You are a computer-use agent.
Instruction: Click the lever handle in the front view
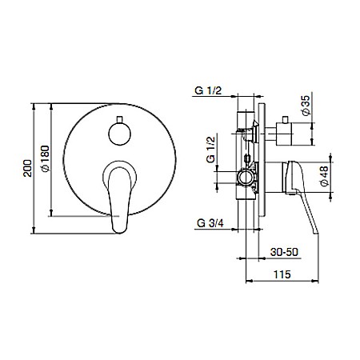click(x=118, y=192)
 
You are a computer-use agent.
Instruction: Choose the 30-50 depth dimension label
click(x=279, y=250)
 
